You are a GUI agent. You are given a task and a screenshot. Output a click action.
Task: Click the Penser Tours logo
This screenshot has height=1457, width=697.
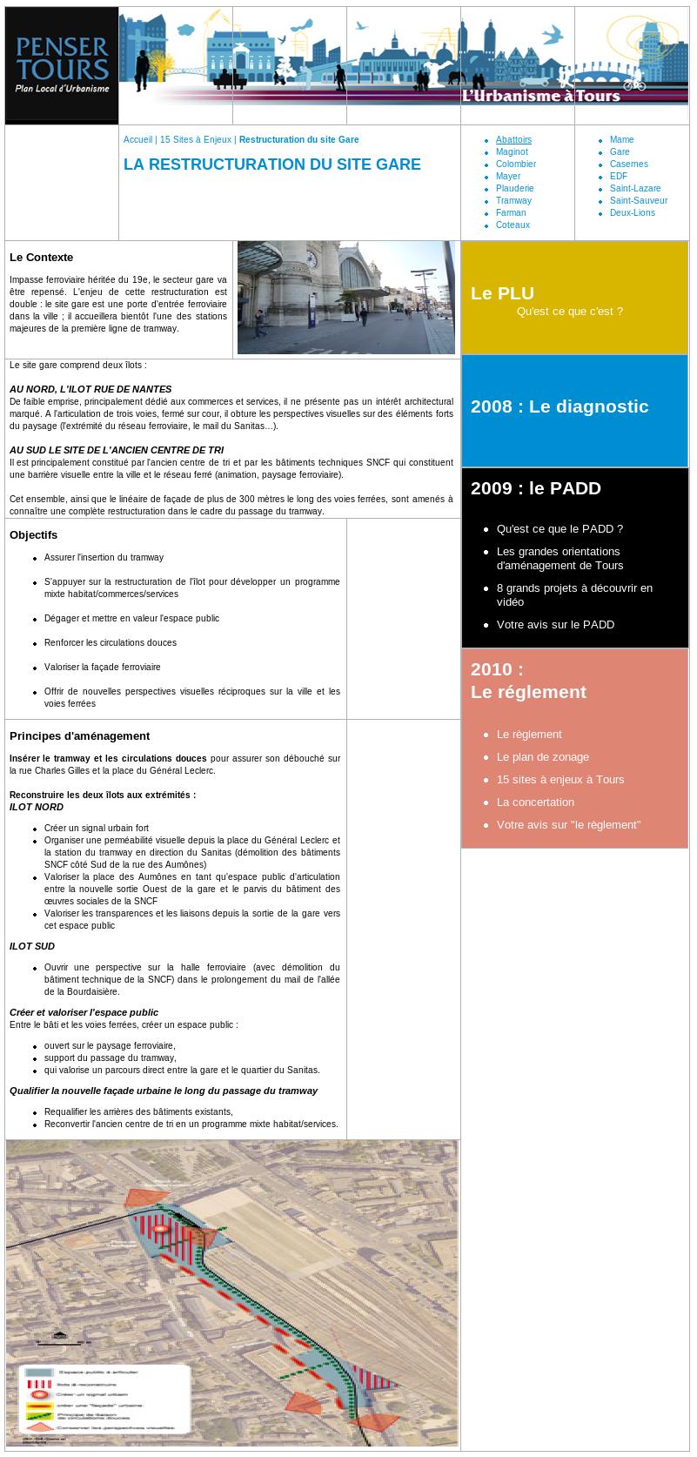tap(62, 64)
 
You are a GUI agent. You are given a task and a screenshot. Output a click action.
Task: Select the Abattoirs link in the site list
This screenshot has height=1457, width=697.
tap(513, 140)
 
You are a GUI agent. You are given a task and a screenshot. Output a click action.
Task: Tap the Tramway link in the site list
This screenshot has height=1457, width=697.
tap(513, 201)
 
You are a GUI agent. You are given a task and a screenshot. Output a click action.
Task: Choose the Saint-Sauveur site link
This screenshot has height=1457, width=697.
tap(638, 201)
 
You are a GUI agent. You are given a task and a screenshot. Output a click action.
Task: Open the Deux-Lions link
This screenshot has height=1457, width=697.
tap(632, 213)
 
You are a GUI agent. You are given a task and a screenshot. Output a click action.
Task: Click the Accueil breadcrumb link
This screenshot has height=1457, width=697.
tap(137, 140)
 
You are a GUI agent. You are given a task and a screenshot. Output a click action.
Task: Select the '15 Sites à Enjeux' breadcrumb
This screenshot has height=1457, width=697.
tap(196, 140)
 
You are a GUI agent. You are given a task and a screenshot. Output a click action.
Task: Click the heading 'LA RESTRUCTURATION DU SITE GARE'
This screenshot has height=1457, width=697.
tap(272, 164)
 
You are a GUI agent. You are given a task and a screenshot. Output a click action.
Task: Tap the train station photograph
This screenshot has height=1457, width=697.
tap(345, 298)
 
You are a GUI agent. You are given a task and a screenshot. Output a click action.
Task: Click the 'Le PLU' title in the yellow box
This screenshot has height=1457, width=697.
tap(502, 293)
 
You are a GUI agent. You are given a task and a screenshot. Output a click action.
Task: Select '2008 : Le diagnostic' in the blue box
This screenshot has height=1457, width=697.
tap(560, 406)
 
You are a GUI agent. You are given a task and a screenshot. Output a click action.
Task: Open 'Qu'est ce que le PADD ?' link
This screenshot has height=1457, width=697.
tap(560, 529)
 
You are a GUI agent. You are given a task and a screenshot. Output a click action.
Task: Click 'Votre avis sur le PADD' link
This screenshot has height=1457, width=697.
tap(555, 625)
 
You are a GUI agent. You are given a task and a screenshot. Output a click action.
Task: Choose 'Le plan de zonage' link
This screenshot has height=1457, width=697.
tap(542, 757)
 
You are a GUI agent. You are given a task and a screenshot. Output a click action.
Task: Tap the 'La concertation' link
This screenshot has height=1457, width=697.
tap(535, 802)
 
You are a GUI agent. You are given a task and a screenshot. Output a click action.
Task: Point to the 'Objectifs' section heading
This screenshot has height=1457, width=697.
tap(34, 535)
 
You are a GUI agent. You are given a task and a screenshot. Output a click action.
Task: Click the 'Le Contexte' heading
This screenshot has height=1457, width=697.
tap(42, 258)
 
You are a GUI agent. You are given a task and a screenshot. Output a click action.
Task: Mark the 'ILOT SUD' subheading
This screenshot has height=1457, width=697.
tap(32, 946)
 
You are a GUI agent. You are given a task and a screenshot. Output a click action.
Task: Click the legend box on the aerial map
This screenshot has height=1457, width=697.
tap(104, 1400)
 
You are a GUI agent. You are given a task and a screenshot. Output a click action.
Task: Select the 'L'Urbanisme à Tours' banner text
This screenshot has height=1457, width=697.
tap(540, 96)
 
